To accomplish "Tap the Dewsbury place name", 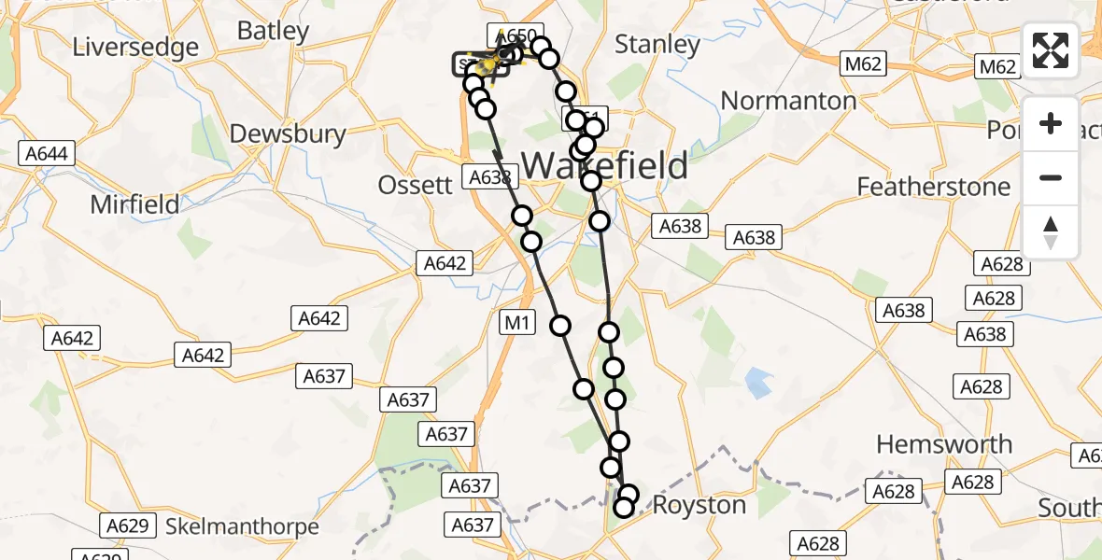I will pos(288,133).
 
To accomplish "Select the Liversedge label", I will pos(136,47).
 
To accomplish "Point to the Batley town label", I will pos(273,30).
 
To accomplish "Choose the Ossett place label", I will pos(415,185).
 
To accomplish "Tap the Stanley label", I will pos(658,44).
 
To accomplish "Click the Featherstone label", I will pos(934,187).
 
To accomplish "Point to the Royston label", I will pos(699,506).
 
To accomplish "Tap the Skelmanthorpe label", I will pos(242,526).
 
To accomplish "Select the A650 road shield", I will pos(515,36).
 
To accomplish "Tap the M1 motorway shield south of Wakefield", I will pos(517,324).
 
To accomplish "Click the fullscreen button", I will pos(1051,50).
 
